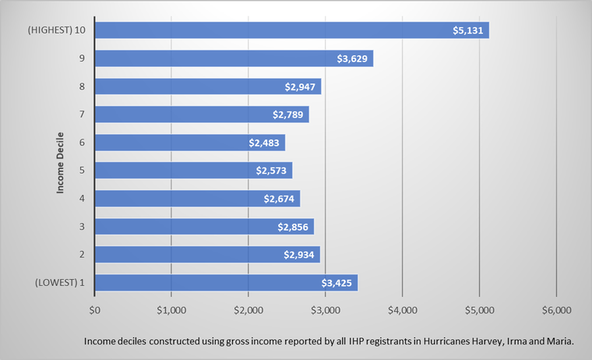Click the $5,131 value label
469,30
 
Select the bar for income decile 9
234,58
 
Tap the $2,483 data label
266,143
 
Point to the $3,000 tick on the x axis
325,309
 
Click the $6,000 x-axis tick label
555,309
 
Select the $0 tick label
94,309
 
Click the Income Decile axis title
60,157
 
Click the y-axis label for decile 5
81,170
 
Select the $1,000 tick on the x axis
171,309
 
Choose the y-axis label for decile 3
81,226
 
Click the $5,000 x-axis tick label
479,309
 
